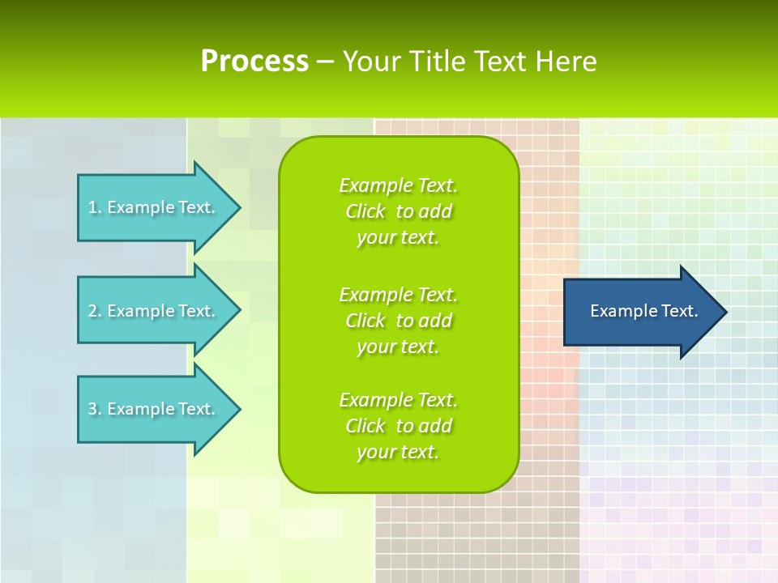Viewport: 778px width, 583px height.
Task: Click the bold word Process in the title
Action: pos(254,62)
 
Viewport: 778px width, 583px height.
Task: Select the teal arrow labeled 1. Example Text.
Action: pos(154,207)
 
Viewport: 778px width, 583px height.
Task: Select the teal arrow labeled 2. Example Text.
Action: pos(154,311)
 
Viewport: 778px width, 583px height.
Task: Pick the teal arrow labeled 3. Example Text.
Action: pos(154,409)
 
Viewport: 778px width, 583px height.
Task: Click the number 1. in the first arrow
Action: pos(94,207)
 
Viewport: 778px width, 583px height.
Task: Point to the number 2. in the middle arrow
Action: pos(94,311)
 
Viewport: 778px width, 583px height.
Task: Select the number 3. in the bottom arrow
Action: pos(94,409)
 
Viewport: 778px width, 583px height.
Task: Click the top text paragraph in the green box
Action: pos(398,211)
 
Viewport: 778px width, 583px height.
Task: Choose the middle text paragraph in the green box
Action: pos(398,321)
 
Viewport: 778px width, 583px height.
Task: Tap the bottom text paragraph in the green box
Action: pos(398,426)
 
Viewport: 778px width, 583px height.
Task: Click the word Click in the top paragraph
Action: pos(365,211)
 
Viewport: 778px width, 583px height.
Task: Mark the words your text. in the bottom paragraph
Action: pos(398,452)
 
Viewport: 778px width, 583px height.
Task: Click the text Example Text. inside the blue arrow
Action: pos(643,311)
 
